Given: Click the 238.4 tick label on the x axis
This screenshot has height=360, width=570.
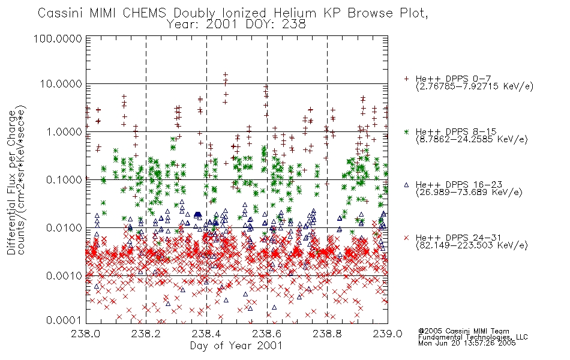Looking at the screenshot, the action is tap(206, 334).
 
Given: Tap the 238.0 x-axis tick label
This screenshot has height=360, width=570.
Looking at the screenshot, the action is tap(86, 334).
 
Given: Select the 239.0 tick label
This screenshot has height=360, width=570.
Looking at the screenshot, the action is tap(388, 334).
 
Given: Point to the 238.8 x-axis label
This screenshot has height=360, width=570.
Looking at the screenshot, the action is tap(327, 334).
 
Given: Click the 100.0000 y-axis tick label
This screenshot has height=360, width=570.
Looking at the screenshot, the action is tap(58, 38).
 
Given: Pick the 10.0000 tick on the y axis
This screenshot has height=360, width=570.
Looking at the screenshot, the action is tap(61, 84).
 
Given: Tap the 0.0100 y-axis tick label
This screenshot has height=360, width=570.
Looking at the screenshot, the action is tap(64, 228).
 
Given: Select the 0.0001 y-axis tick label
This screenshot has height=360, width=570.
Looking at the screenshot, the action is tap(64, 320).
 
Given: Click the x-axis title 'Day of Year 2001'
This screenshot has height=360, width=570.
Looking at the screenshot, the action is tap(236, 346).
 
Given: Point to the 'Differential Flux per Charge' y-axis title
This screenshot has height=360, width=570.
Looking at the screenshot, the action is tap(11, 182).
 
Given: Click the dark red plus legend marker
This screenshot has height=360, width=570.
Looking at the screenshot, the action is tap(406, 79).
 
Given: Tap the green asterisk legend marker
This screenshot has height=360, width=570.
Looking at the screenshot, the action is tap(406, 131).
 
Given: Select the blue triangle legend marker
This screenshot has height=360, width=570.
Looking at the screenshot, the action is tap(406, 185).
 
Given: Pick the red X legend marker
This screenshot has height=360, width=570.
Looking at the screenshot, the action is tap(406, 238).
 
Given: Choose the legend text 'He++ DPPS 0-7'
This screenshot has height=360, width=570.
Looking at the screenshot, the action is tap(454, 79).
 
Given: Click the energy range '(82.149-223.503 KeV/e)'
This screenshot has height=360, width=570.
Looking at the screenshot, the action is tap(472, 245).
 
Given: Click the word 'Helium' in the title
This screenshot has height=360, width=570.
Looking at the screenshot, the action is tap(295, 13).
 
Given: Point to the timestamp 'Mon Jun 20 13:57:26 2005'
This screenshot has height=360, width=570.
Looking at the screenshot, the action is tap(467, 343).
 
